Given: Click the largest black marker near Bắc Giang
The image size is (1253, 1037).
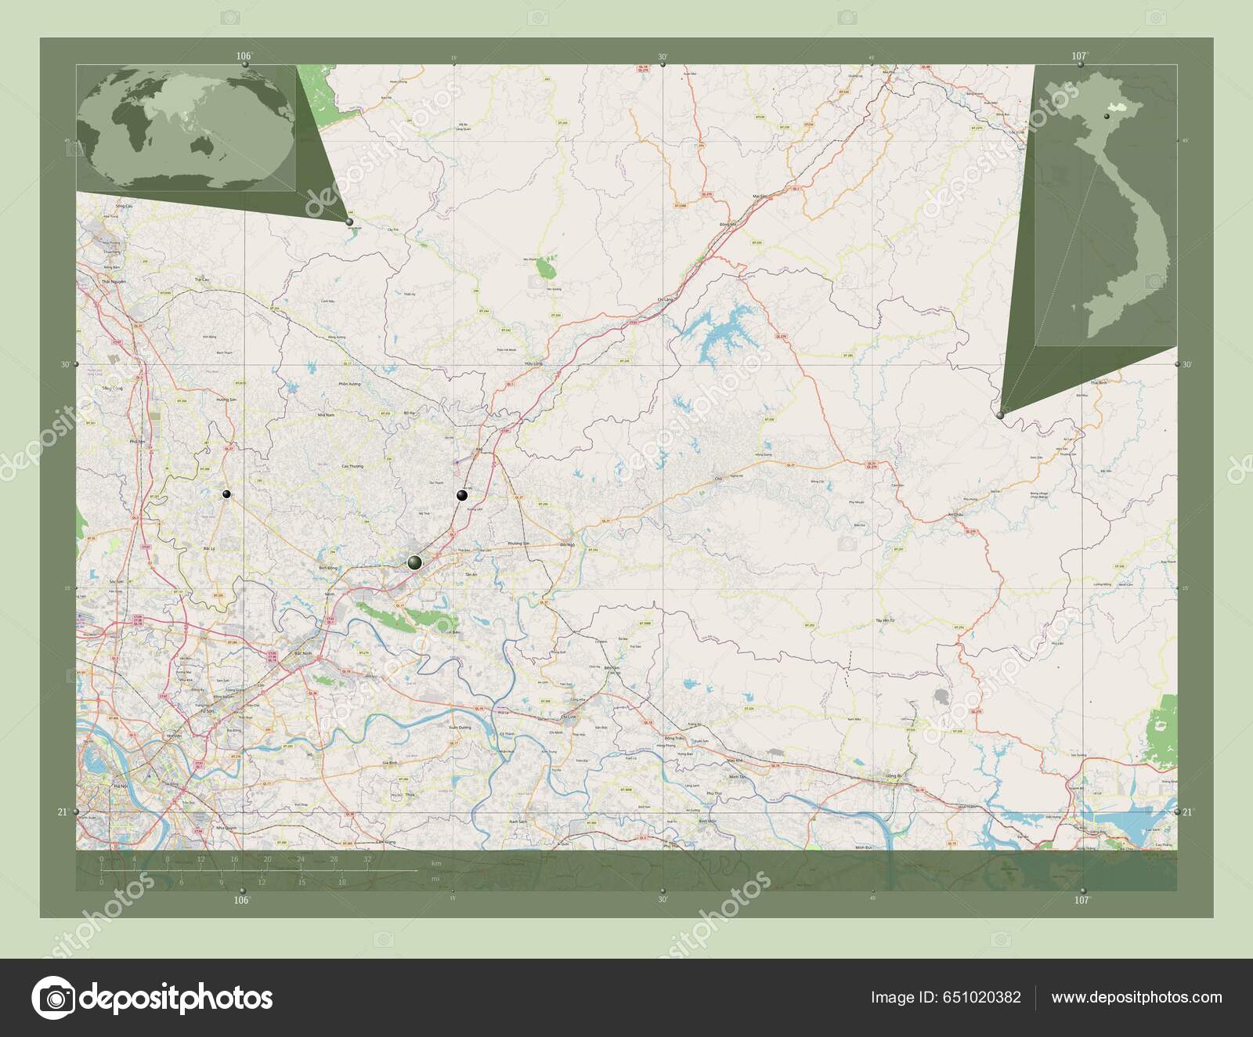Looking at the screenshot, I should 414,562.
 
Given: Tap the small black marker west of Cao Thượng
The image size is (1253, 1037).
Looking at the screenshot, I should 226,494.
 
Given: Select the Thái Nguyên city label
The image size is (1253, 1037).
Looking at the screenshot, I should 114,279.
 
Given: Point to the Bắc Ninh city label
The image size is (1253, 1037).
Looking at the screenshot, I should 303,652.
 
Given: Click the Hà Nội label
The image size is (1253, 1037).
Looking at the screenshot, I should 121,785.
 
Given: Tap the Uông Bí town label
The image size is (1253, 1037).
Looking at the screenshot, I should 886,777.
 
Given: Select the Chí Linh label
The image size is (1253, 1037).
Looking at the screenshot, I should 569,717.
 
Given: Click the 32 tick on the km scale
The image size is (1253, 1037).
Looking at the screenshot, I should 367,860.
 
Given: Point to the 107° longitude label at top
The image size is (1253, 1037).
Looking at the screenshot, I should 1079,56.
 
